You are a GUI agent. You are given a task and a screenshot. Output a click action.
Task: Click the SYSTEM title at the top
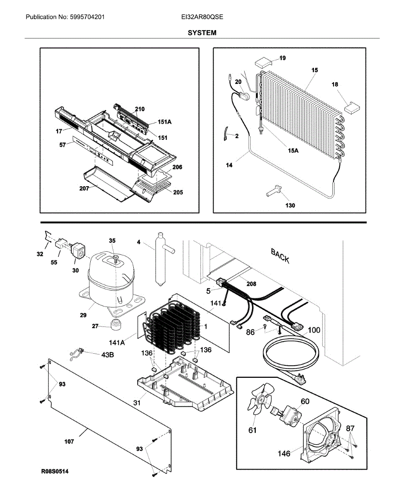pyautogui.click(x=202, y=33)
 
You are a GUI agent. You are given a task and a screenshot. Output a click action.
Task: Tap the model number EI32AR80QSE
pyautogui.click(x=202, y=17)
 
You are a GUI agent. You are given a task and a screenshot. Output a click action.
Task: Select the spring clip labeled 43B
pyautogui.click(x=77, y=354)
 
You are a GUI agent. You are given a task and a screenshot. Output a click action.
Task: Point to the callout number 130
pyautogui.click(x=290, y=205)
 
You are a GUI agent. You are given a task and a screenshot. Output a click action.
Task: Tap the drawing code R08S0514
pyautogui.click(x=55, y=471)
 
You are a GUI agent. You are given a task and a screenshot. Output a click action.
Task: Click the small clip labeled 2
pyautogui.click(x=225, y=134)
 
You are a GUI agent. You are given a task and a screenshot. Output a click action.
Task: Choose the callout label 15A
pyautogui.click(x=293, y=151)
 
